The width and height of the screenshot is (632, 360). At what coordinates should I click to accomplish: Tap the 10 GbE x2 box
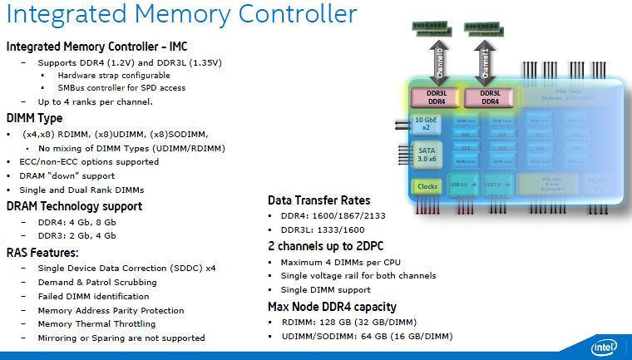click(x=425, y=125)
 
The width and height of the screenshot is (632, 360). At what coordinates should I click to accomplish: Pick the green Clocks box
click(x=427, y=186)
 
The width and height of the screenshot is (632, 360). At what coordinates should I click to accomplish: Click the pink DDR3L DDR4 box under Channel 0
click(x=437, y=97)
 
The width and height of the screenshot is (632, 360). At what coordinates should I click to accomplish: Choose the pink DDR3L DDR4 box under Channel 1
click(x=489, y=97)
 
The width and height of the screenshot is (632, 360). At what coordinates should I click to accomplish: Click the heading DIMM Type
click(x=34, y=118)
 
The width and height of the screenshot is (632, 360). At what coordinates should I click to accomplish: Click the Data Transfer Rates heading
click(x=318, y=200)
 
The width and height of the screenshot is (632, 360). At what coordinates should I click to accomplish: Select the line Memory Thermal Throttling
click(x=97, y=324)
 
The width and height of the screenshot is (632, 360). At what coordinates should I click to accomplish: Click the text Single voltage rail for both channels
click(x=358, y=276)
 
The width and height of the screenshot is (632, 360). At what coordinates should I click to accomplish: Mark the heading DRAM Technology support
click(x=74, y=206)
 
